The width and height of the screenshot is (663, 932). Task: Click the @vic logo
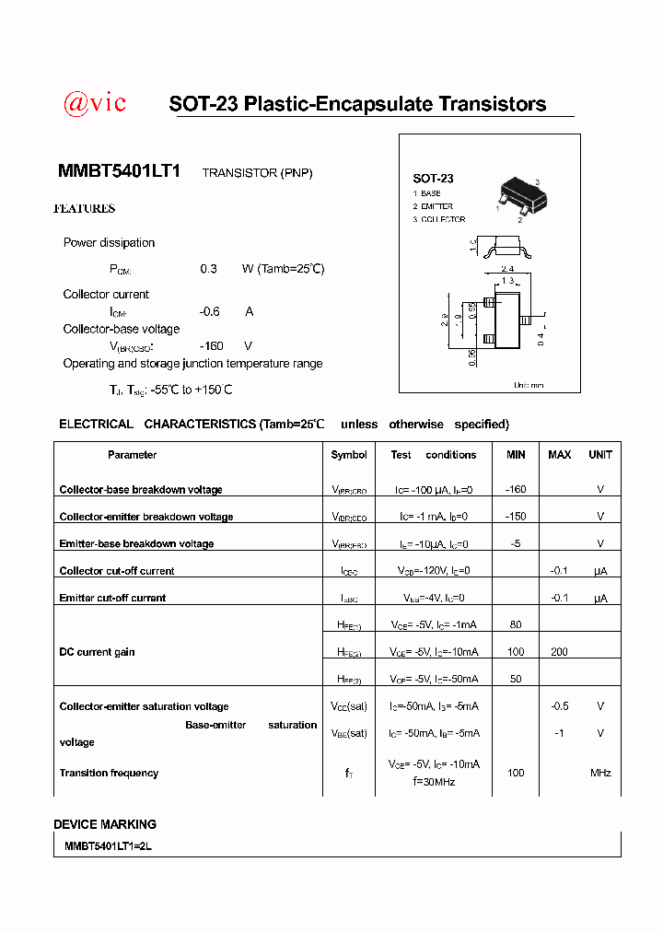point(94,103)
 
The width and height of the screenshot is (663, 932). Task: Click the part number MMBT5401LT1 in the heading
point(120,171)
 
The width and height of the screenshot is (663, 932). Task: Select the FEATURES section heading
point(85,209)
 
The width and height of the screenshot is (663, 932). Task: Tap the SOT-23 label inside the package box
point(433,179)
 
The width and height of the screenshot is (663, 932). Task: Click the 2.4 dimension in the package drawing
point(507,269)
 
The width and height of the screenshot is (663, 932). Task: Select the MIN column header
point(516,455)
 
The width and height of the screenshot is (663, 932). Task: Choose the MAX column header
point(559,455)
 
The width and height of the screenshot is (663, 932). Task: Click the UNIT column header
point(600,455)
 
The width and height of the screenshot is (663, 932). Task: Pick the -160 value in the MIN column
point(516,490)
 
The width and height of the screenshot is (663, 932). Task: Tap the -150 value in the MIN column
point(516,517)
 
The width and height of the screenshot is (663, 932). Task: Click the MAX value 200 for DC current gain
point(559,652)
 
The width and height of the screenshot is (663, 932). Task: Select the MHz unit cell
point(600,774)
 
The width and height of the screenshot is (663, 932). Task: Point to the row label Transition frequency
point(109,774)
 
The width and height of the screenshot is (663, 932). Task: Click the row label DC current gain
point(97,652)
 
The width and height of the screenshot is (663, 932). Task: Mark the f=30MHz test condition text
point(434,783)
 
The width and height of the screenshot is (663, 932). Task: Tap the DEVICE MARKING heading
point(105,824)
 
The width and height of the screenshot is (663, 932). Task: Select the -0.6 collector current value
point(210,311)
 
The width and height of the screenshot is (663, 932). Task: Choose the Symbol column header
point(349,455)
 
